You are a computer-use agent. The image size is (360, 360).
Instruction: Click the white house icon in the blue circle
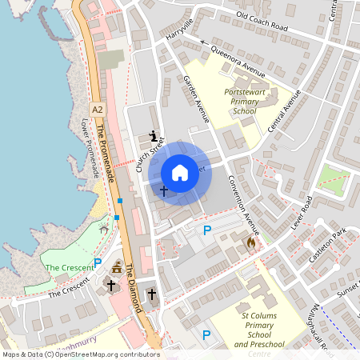click(x=180, y=172)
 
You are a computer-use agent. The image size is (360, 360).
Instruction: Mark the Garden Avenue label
click(x=196, y=99)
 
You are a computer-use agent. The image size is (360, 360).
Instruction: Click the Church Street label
click(x=150, y=154)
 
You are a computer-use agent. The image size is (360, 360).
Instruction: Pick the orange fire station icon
click(x=251, y=241)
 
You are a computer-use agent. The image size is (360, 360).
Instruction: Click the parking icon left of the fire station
click(x=207, y=230)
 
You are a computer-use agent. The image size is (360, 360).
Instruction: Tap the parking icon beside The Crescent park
click(x=98, y=262)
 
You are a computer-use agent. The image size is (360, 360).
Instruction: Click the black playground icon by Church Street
click(x=154, y=135)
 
